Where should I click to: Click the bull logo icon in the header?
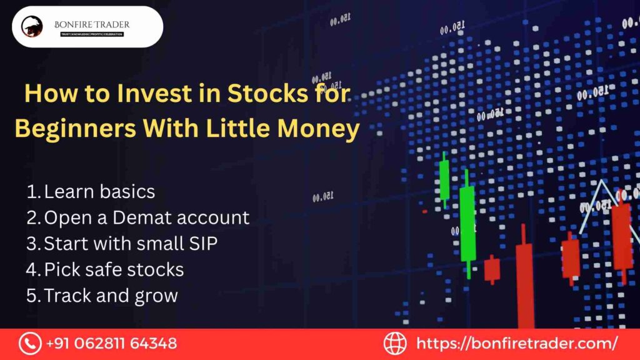[32, 26]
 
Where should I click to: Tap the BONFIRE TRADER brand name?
[92, 24]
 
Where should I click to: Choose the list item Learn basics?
[99, 191]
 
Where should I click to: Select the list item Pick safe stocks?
[114, 269]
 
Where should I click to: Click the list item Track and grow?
[111, 296]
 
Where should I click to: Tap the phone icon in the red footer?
[29, 343]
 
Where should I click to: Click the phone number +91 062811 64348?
[111, 343]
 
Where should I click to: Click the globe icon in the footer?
[395, 343]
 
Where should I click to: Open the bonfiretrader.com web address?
[516, 343]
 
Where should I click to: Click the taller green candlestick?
[467, 223]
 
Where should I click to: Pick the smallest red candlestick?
[492, 269]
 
